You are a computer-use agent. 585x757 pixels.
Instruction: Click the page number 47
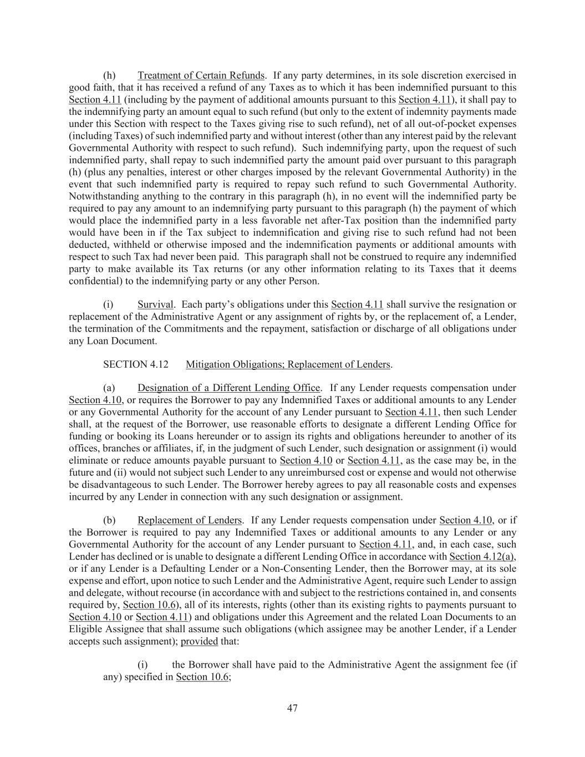pos(292,708)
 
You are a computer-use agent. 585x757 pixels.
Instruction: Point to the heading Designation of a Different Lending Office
pos(228,388)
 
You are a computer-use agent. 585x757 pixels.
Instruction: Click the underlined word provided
pos(199,641)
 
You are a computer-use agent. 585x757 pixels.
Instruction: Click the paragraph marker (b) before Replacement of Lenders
pos(110,520)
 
